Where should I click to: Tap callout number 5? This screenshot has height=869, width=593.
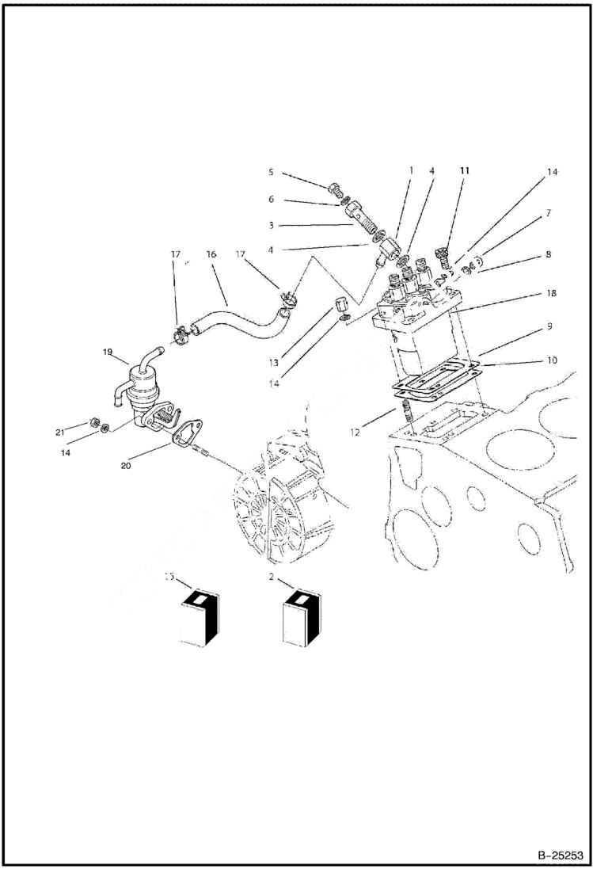click(270, 171)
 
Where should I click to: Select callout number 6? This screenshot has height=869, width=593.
click(270, 199)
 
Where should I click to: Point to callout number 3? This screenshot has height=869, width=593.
click(270, 225)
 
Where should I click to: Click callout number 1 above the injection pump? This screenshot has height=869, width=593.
click(412, 170)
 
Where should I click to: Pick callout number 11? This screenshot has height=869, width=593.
click(466, 170)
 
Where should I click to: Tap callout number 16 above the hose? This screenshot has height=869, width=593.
click(211, 255)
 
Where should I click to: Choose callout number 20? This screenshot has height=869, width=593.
click(126, 467)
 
